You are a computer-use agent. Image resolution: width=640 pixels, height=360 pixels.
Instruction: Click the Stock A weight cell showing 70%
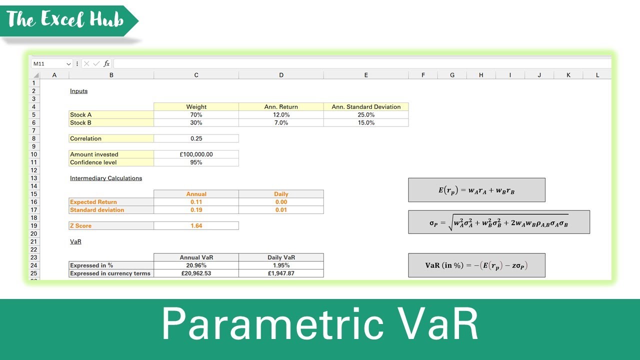[x=196, y=114]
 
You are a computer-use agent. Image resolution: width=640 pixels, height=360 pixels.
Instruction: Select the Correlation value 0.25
[x=196, y=138]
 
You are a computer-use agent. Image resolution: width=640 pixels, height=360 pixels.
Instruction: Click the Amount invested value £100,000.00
[x=196, y=154]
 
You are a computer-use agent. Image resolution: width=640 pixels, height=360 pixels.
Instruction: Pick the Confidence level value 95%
[x=196, y=162]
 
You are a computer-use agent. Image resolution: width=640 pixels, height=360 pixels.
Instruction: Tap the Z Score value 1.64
[x=196, y=226]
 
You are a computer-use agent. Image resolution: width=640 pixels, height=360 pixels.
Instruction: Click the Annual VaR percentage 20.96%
[x=196, y=265]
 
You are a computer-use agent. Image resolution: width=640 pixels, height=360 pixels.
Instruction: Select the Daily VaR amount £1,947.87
[x=281, y=273]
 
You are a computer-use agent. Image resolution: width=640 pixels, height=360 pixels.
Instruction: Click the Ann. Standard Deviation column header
[x=366, y=106]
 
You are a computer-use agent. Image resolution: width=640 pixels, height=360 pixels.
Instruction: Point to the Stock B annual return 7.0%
[x=281, y=122]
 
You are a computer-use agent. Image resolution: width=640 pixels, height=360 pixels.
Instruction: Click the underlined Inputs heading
[x=79, y=91]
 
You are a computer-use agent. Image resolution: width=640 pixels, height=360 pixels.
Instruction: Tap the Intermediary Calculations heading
[x=106, y=178]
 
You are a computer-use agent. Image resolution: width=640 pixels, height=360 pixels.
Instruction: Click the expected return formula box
[x=476, y=190]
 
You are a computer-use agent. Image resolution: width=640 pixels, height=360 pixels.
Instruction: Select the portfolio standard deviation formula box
[x=498, y=222]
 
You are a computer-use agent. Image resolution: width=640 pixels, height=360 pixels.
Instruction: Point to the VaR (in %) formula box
[x=476, y=265]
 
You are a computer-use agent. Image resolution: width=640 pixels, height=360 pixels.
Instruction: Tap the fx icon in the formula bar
[x=106, y=63]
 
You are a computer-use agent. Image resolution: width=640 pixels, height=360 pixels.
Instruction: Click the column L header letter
[x=597, y=75]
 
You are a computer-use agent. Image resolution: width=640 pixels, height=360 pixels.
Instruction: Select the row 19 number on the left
[x=34, y=226]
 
